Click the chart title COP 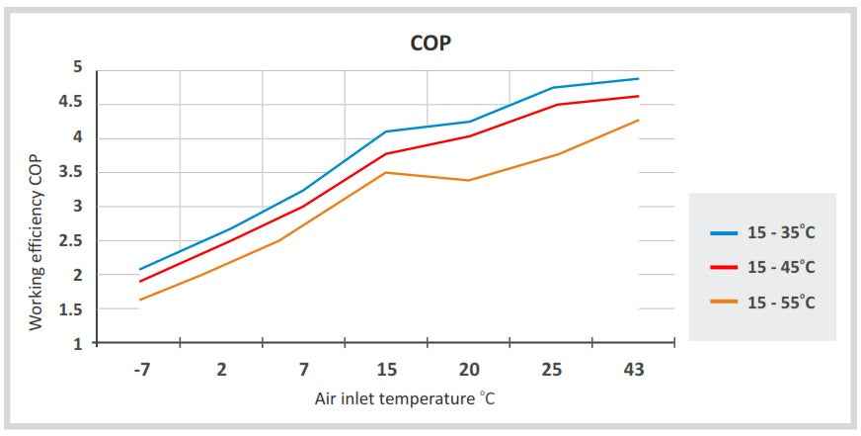point(430,44)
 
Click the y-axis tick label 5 point(77,67)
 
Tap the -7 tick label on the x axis point(140,370)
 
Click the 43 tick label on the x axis point(633,370)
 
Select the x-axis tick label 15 point(387,370)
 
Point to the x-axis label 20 point(469,370)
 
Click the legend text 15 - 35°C point(781,232)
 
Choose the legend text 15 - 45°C point(781,268)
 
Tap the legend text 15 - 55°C point(781,303)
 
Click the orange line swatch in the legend point(723,303)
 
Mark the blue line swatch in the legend point(723,233)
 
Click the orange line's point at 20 point(468,180)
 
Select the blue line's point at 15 point(386,131)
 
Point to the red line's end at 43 point(639,96)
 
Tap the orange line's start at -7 point(140,300)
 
